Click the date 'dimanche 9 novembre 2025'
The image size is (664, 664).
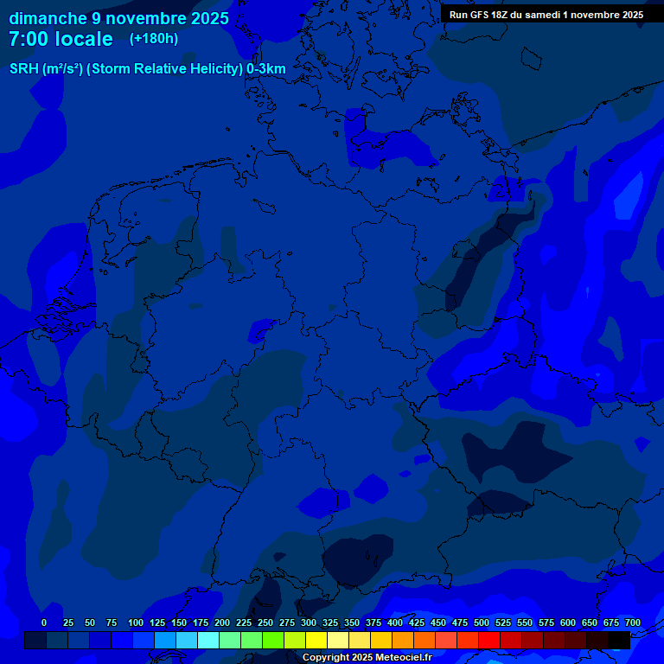point(118,18)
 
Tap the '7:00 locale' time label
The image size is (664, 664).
point(61,39)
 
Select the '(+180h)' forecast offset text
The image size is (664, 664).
point(154,39)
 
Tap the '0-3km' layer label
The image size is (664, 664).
point(266,69)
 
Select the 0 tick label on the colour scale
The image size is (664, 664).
point(44,622)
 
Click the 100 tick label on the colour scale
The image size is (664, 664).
point(136,622)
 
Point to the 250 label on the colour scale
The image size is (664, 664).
point(265,622)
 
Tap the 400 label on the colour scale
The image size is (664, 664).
point(395,622)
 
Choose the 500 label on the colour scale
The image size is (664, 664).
point(482,622)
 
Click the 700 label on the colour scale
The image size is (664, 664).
point(633,622)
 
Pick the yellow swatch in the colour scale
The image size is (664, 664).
point(316,640)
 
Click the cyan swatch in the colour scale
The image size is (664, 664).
point(208,640)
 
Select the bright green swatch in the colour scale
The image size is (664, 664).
point(273,640)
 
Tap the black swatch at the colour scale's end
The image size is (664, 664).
point(619,640)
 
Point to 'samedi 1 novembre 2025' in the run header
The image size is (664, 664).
point(591,15)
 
